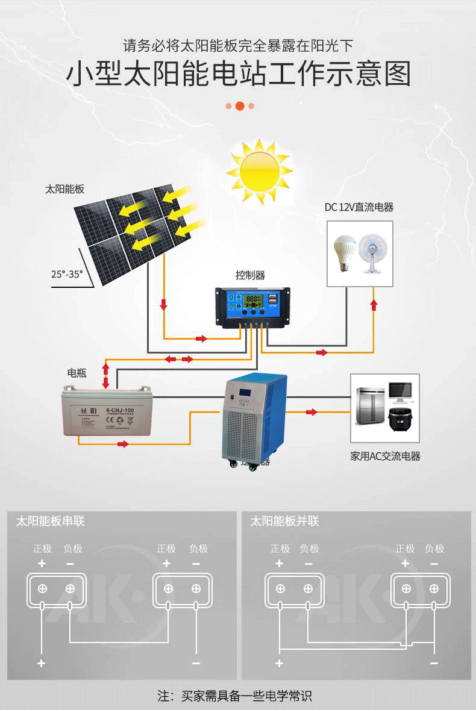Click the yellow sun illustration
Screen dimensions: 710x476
pos(259,171)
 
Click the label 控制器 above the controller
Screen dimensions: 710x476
pos(250,275)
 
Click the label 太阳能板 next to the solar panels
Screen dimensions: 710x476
pos(64,189)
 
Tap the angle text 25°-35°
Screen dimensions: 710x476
pos(67,274)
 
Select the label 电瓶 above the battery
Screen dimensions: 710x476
pos(77,373)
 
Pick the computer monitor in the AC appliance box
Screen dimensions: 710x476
pos(400,392)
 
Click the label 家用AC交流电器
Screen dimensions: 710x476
pos(385,456)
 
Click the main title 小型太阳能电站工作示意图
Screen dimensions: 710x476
pos(238,75)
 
